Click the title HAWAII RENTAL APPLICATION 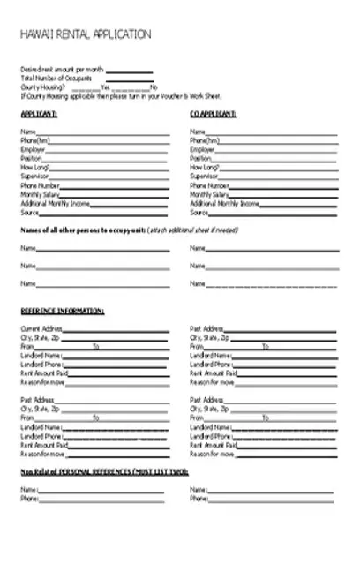click(85, 34)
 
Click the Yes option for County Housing click(105, 87)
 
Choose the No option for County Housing click(154, 87)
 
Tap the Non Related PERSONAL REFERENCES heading click(104, 472)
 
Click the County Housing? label click(41, 87)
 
